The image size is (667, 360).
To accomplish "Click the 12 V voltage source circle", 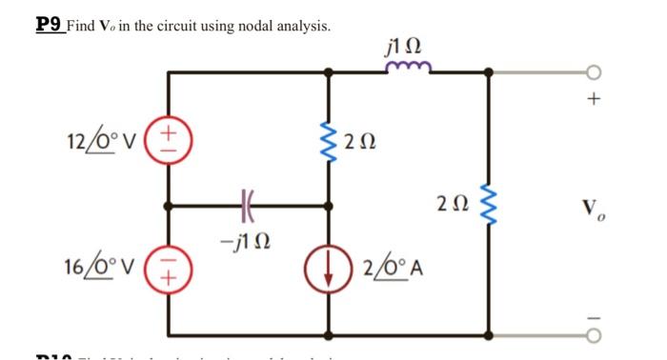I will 170,137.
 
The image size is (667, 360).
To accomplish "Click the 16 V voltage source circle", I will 170,271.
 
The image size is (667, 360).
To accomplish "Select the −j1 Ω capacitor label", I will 247,234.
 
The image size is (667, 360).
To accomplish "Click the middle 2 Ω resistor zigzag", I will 331,143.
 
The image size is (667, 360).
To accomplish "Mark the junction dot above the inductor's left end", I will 331,70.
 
